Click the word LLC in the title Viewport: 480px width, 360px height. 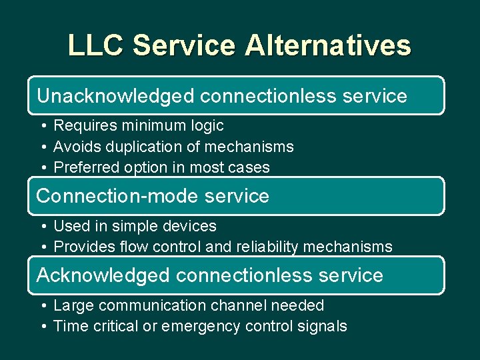[96, 46]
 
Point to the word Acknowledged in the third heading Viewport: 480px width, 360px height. [103, 275]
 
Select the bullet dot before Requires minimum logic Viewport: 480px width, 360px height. [42, 126]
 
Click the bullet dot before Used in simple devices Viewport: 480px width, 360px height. [42, 227]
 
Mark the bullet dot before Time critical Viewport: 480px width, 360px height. [42, 327]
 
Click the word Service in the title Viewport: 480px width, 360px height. [184, 46]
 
